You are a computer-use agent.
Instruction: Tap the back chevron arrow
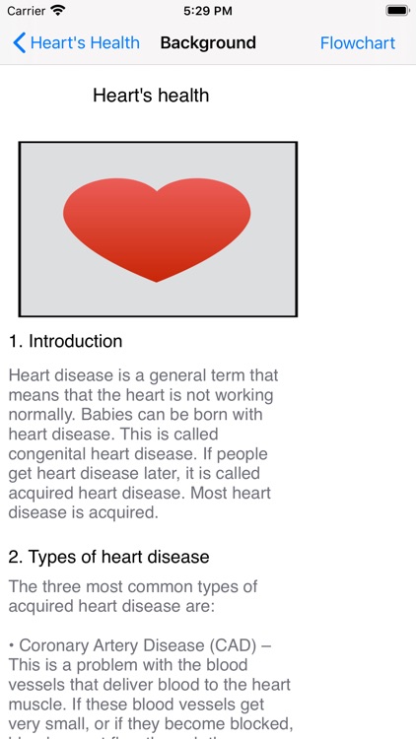(x=19, y=43)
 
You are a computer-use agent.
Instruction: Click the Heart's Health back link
(x=85, y=43)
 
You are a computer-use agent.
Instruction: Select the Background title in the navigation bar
(x=208, y=43)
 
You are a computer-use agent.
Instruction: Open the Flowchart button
(x=358, y=43)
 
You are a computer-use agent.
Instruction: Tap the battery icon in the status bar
(x=397, y=11)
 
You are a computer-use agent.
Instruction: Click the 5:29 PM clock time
(x=208, y=11)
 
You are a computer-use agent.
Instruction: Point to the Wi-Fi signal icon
(x=58, y=11)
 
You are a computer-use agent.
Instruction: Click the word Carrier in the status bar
(x=26, y=11)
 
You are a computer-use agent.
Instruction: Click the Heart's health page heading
(x=151, y=96)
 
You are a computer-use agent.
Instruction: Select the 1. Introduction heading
(x=66, y=342)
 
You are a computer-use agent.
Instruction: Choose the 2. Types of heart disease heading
(x=109, y=557)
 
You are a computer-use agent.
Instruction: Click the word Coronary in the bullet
(x=51, y=645)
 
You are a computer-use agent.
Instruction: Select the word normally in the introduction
(x=39, y=415)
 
